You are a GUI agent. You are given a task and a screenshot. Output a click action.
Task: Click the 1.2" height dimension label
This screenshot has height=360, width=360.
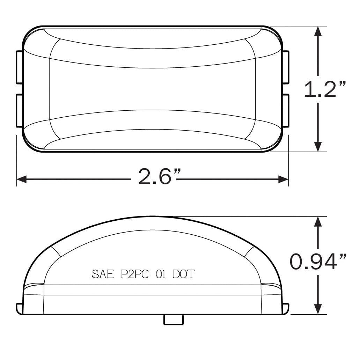(x=325, y=89)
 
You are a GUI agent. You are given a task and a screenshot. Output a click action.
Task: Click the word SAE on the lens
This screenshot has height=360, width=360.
(x=103, y=274)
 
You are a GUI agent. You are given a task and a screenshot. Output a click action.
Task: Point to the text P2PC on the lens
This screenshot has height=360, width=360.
(x=135, y=274)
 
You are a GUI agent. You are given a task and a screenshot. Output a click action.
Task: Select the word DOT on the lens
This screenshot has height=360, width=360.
(x=184, y=274)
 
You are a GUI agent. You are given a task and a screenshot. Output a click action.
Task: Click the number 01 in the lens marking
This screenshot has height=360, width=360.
(x=161, y=274)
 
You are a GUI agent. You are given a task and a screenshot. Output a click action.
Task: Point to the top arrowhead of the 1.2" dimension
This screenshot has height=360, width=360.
(x=318, y=31)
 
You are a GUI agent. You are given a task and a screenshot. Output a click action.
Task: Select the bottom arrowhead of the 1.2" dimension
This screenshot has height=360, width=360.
(x=318, y=146)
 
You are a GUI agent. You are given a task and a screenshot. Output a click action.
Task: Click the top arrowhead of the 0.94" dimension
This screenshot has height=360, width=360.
(x=318, y=222)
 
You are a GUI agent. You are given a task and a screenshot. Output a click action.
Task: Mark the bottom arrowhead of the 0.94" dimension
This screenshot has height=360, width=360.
(x=318, y=308)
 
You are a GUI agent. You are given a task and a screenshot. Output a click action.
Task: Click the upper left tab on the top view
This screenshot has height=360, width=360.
(x=20, y=67)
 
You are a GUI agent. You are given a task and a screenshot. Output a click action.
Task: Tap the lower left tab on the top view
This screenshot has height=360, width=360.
(x=20, y=110)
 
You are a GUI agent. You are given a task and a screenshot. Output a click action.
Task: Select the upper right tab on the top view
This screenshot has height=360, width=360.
(x=286, y=67)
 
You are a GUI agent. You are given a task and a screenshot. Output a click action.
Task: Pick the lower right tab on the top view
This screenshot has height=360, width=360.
(x=286, y=110)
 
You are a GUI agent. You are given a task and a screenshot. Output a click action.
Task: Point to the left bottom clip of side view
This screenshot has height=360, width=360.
(x=20, y=308)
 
